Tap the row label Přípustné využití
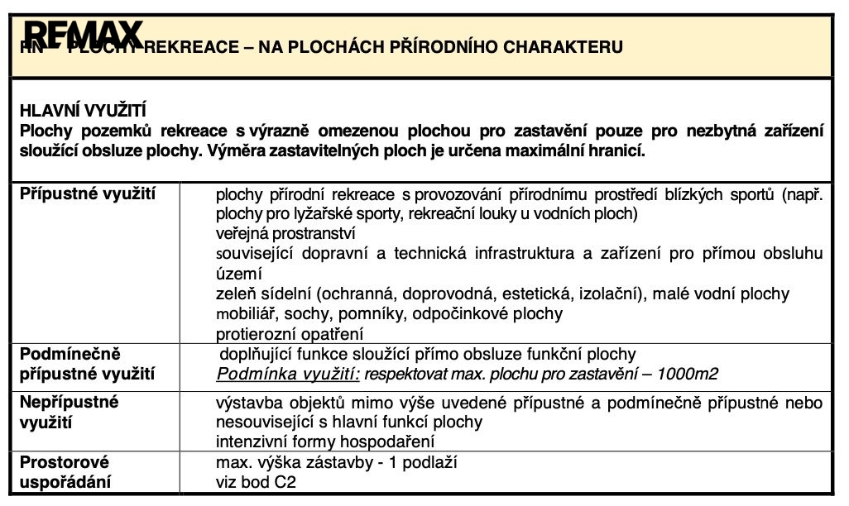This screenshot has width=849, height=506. [88, 193]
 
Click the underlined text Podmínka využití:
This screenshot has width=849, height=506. [288, 375]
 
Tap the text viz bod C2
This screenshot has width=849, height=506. [256, 482]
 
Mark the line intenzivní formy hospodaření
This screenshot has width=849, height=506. [324, 442]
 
